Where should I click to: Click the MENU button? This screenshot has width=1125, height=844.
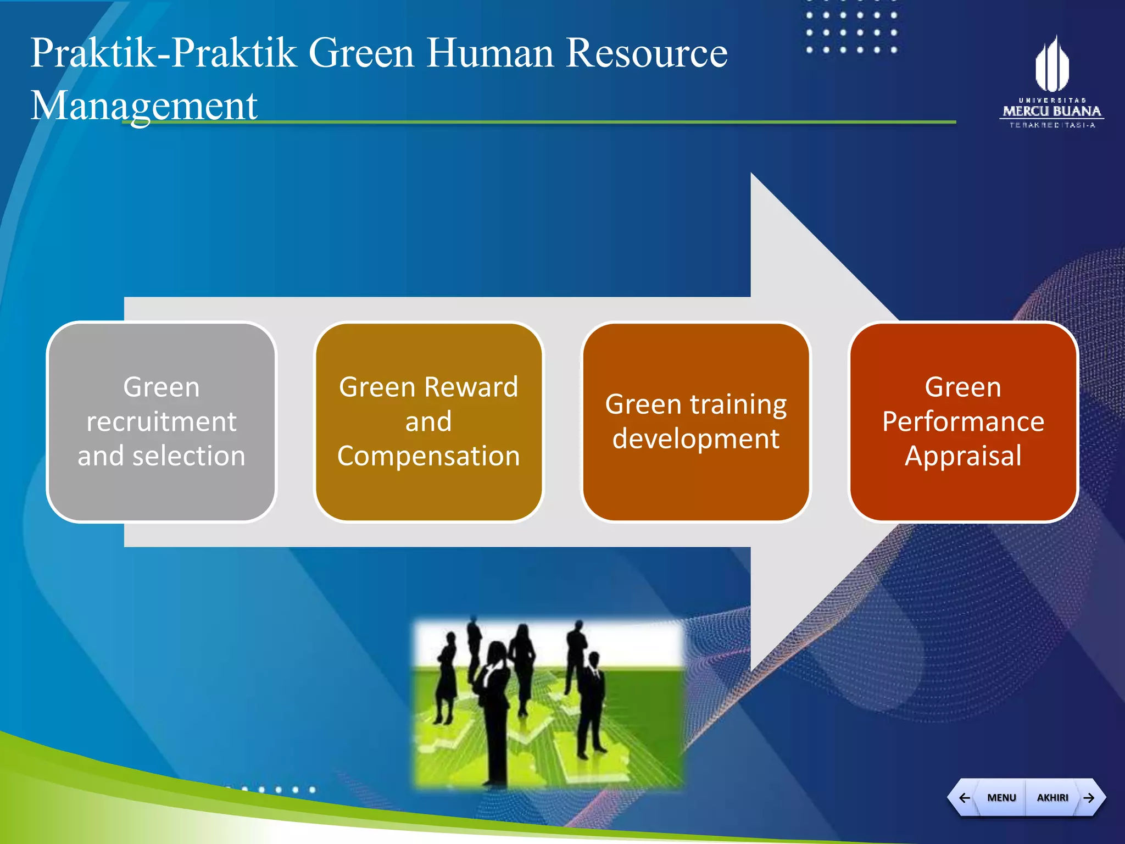pos(1001,797)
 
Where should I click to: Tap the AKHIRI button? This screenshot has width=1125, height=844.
pos(1052,797)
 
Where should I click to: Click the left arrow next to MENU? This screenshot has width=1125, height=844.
pos(964,797)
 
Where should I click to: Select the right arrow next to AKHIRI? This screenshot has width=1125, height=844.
pos(1089,797)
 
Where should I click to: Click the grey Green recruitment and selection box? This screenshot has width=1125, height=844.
pos(161,421)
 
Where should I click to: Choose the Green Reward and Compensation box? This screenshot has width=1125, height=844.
pos(428,421)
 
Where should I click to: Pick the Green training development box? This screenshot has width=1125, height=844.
pos(696,421)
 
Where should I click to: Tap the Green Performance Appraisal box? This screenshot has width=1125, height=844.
pos(963,421)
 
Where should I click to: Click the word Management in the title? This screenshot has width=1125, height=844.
pos(144,106)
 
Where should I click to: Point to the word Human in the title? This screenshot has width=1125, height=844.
pos(490,53)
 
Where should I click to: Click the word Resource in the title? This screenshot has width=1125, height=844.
pos(647,53)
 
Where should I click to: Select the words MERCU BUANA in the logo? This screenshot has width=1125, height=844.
pos(1052,111)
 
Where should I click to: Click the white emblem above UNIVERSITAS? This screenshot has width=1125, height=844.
pos(1052,64)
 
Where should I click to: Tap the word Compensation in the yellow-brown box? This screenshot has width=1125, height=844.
pos(428,456)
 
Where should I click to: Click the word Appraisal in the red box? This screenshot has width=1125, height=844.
pos(963,456)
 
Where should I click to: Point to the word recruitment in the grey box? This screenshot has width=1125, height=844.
pos(161,421)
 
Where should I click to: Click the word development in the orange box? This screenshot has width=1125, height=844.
pos(696,439)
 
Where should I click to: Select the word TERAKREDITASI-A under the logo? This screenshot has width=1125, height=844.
pos(1052,125)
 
